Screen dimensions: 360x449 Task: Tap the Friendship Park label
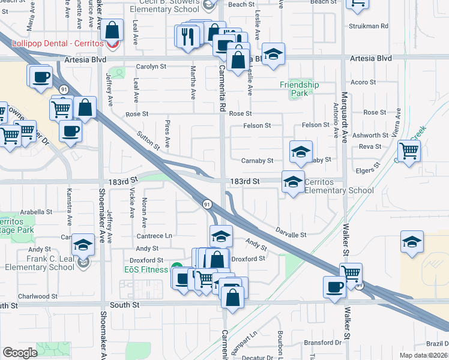299,89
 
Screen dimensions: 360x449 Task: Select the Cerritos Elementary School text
338,186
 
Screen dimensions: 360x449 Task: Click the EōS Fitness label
146,269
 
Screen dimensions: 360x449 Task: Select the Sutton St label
148,142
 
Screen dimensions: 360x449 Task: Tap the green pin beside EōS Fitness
176,268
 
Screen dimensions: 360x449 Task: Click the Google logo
20,353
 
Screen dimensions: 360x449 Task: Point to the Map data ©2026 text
423,355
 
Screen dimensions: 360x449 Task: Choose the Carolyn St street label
151,67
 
